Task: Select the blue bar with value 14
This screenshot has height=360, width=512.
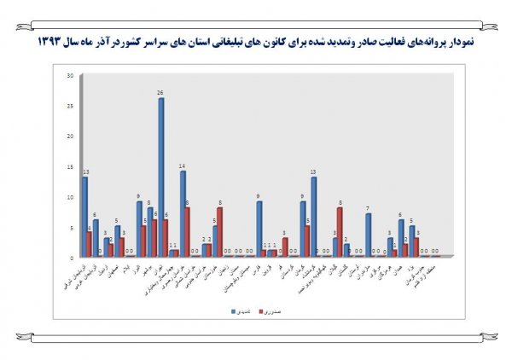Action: coord(183,213)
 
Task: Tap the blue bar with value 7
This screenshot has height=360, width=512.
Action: coord(368,235)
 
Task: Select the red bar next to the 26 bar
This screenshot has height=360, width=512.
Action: coord(166,238)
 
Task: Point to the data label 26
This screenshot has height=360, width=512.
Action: coord(160,93)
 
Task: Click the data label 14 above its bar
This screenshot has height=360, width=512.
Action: coord(183,165)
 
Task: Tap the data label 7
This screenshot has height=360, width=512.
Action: coord(368,208)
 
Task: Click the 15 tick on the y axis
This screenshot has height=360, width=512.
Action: coord(72,165)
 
